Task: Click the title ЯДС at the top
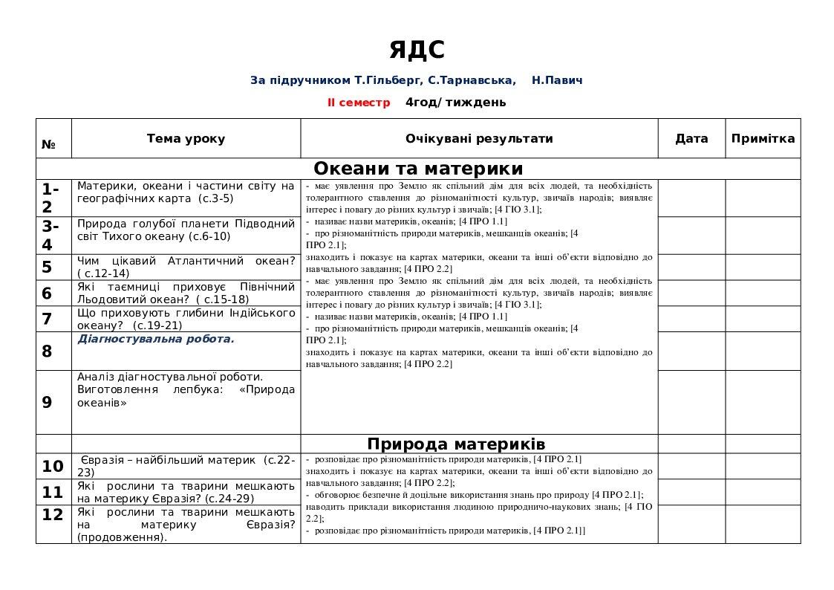point(417,50)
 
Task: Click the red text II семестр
point(359,103)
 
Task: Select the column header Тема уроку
point(186,139)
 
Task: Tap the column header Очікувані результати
point(479,139)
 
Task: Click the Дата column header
point(691,139)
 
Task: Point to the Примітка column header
point(763,139)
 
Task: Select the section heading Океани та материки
point(418,169)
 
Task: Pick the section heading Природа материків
point(457,444)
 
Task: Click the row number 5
point(48,268)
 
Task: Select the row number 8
point(48,351)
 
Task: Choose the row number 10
point(53,467)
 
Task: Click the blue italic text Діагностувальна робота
point(156,339)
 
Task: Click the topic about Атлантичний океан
point(186,267)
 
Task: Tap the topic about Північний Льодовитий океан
point(186,293)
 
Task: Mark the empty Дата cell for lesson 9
point(691,402)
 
